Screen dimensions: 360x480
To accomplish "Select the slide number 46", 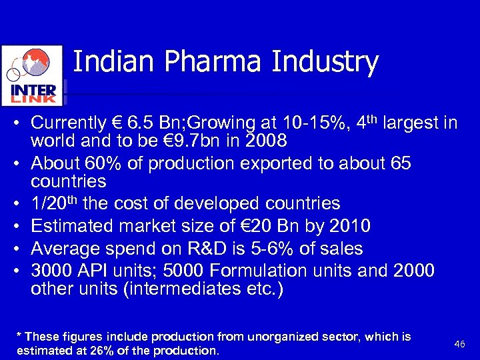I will pos(459,343).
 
